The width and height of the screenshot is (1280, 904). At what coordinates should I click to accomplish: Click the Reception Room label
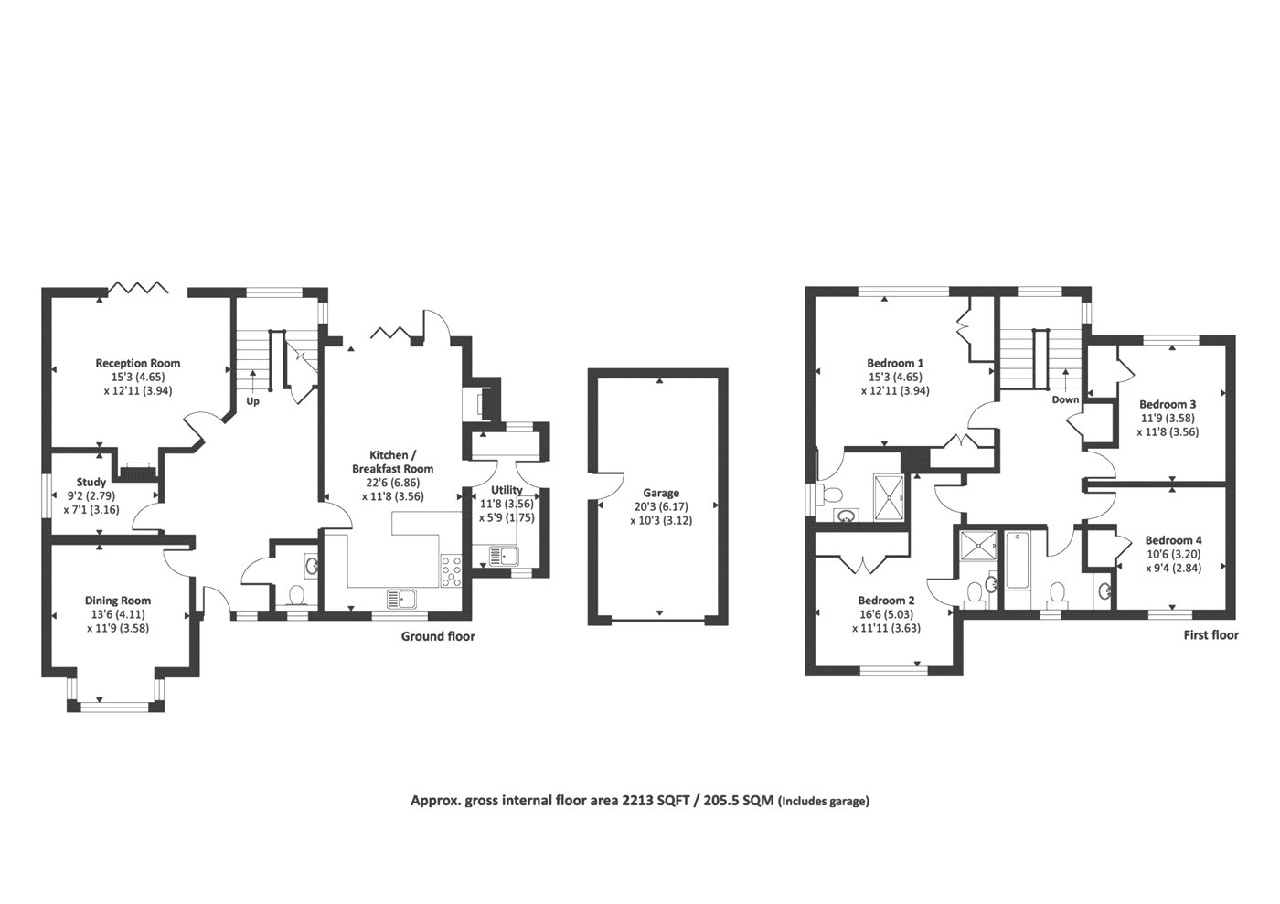138,363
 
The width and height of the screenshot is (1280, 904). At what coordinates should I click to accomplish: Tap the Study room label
91,482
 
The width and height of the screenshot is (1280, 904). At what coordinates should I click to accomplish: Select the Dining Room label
118,601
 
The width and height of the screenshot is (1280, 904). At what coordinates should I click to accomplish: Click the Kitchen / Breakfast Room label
392,462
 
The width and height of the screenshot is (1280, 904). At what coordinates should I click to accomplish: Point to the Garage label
661,493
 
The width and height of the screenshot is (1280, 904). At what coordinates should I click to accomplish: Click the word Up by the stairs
252,401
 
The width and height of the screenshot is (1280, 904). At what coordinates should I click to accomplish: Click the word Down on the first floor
1066,399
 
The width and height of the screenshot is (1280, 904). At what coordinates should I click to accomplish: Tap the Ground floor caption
438,636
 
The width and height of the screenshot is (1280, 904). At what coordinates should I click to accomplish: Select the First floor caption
1211,635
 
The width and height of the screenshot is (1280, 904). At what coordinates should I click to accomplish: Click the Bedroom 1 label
895,363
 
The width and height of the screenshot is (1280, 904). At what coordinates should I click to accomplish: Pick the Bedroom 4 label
1174,540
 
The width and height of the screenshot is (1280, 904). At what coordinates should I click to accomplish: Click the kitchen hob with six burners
451,570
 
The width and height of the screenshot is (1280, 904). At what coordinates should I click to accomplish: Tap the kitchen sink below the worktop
401,599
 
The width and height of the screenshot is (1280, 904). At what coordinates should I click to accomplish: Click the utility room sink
504,556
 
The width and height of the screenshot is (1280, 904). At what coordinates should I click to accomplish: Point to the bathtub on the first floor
1017,560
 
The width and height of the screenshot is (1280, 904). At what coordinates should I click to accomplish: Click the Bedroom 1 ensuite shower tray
889,497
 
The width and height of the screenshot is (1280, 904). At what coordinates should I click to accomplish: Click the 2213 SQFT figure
656,801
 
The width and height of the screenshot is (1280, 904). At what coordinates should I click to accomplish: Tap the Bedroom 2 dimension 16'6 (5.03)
886,614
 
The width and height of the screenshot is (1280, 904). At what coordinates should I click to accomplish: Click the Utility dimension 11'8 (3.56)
507,504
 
